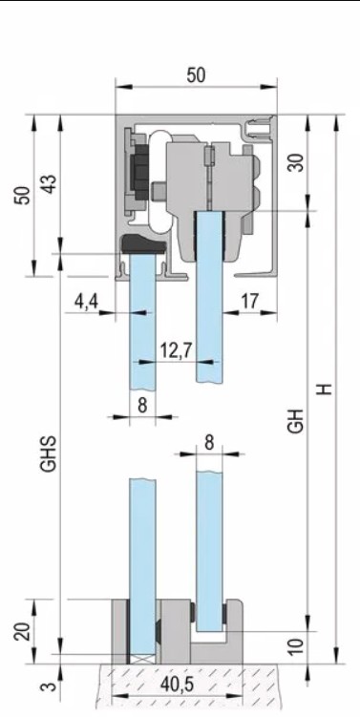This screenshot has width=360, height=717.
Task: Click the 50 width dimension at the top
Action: [x=196, y=75]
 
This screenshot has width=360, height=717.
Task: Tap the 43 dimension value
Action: [x=50, y=184]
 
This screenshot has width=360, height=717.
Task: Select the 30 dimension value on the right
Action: [x=297, y=162]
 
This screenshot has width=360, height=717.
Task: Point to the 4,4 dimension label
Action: [x=87, y=303]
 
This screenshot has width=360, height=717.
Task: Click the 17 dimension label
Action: [x=249, y=302]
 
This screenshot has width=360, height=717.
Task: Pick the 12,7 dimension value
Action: [x=176, y=350]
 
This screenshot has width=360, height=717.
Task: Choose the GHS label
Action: [x=48, y=453]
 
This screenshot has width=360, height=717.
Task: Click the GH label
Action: [x=296, y=420]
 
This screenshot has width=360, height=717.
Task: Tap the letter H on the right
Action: [x=325, y=389]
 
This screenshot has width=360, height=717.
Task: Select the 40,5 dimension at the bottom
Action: [x=178, y=685]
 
